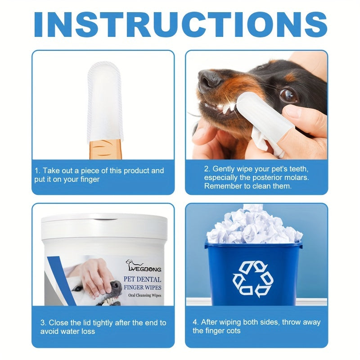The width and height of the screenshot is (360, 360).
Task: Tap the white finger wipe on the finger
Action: pos(104,97)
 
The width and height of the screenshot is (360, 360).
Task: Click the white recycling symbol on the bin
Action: pos(253,279)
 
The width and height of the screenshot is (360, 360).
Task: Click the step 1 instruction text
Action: pos(99,175)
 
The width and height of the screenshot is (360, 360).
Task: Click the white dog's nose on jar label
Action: pos(116,285)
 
